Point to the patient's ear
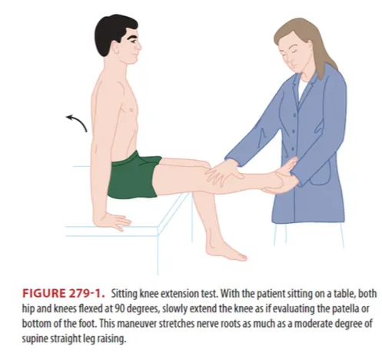(x=115, y=48)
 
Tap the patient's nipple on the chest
(x=131, y=110)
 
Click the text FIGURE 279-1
(x=64, y=294)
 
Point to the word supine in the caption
(x=35, y=339)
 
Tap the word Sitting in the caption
(x=125, y=294)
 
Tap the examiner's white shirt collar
(x=302, y=87)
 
